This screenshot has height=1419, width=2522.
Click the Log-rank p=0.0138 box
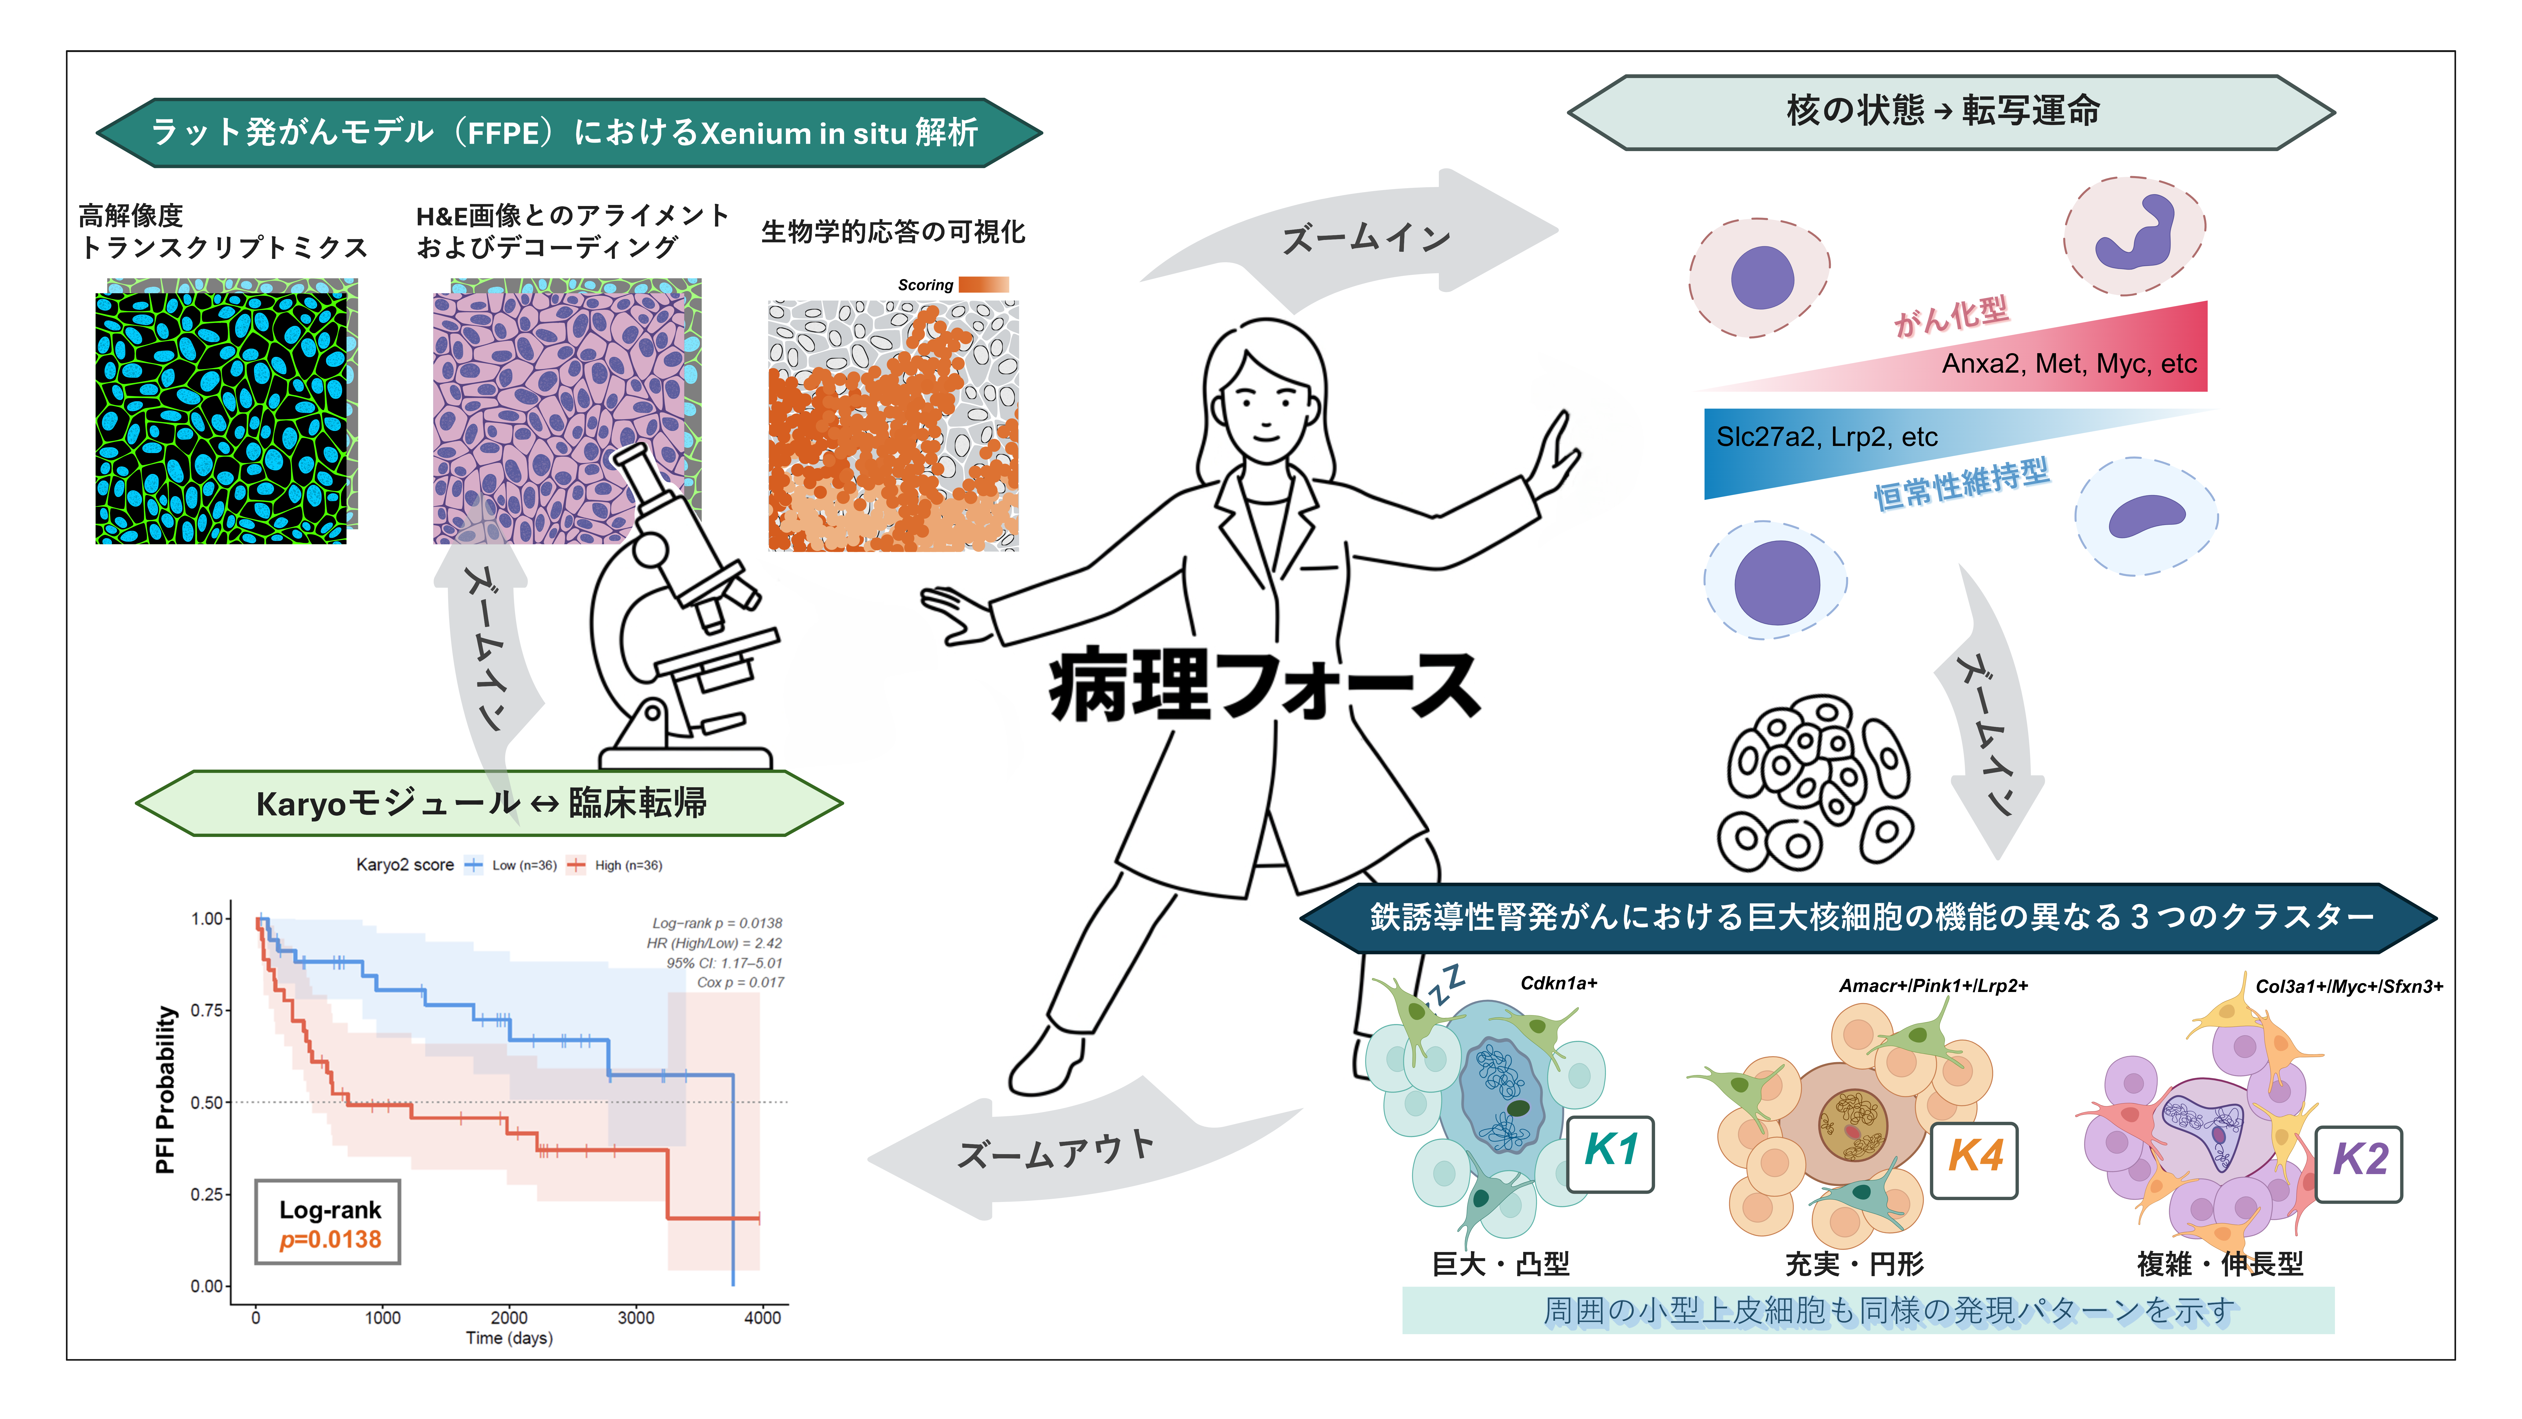[x=328, y=1222]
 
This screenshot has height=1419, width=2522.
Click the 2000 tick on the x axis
[x=509, y=1317]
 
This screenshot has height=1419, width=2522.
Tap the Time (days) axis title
[x=509, y=1338]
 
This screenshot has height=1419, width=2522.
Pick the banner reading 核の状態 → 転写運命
[x=1944, y=111]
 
